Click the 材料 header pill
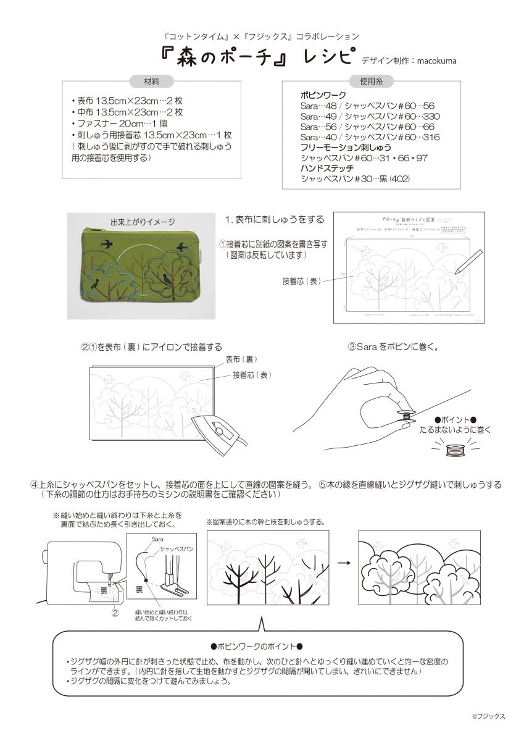point(151,82)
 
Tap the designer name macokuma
point(437,61)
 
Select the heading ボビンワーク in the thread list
point(323,96)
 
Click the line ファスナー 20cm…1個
point(115,123)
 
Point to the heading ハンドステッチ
point(327,168)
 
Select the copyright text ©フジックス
point(488,716)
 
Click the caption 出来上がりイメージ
point(143,222)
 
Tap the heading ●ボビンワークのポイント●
point(257,647)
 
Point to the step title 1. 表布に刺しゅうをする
point(275,220)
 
